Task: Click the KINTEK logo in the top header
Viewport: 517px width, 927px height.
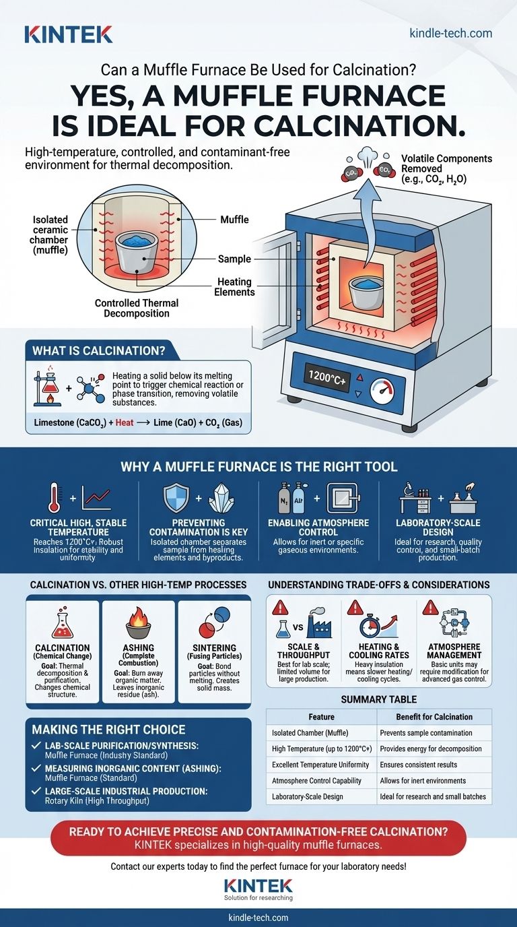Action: tap(68, 34)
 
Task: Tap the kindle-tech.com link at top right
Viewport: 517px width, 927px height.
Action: tap(450, 33)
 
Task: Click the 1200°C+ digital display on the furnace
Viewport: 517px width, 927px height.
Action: tap(326, 375)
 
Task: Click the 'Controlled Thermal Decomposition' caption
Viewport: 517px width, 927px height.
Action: tap(133, 308)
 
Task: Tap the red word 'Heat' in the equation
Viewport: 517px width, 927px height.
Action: tap(125, 422)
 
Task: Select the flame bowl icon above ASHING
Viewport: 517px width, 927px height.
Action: tap(138, 623)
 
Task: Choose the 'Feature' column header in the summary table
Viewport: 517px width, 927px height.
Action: tap(321, 717)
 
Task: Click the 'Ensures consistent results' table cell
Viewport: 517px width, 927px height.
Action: tap(418, 765)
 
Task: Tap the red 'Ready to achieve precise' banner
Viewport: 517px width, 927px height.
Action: tap(258, 837)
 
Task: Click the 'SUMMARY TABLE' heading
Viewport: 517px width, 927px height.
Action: tap(379, 699)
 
